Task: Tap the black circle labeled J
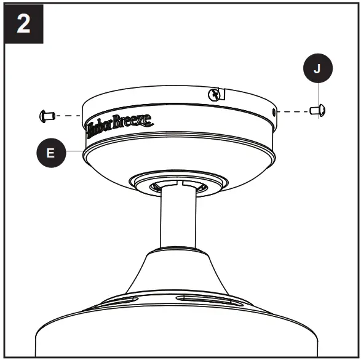point(317,69)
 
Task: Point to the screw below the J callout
point(317,111)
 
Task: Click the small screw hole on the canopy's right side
point(272,111)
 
